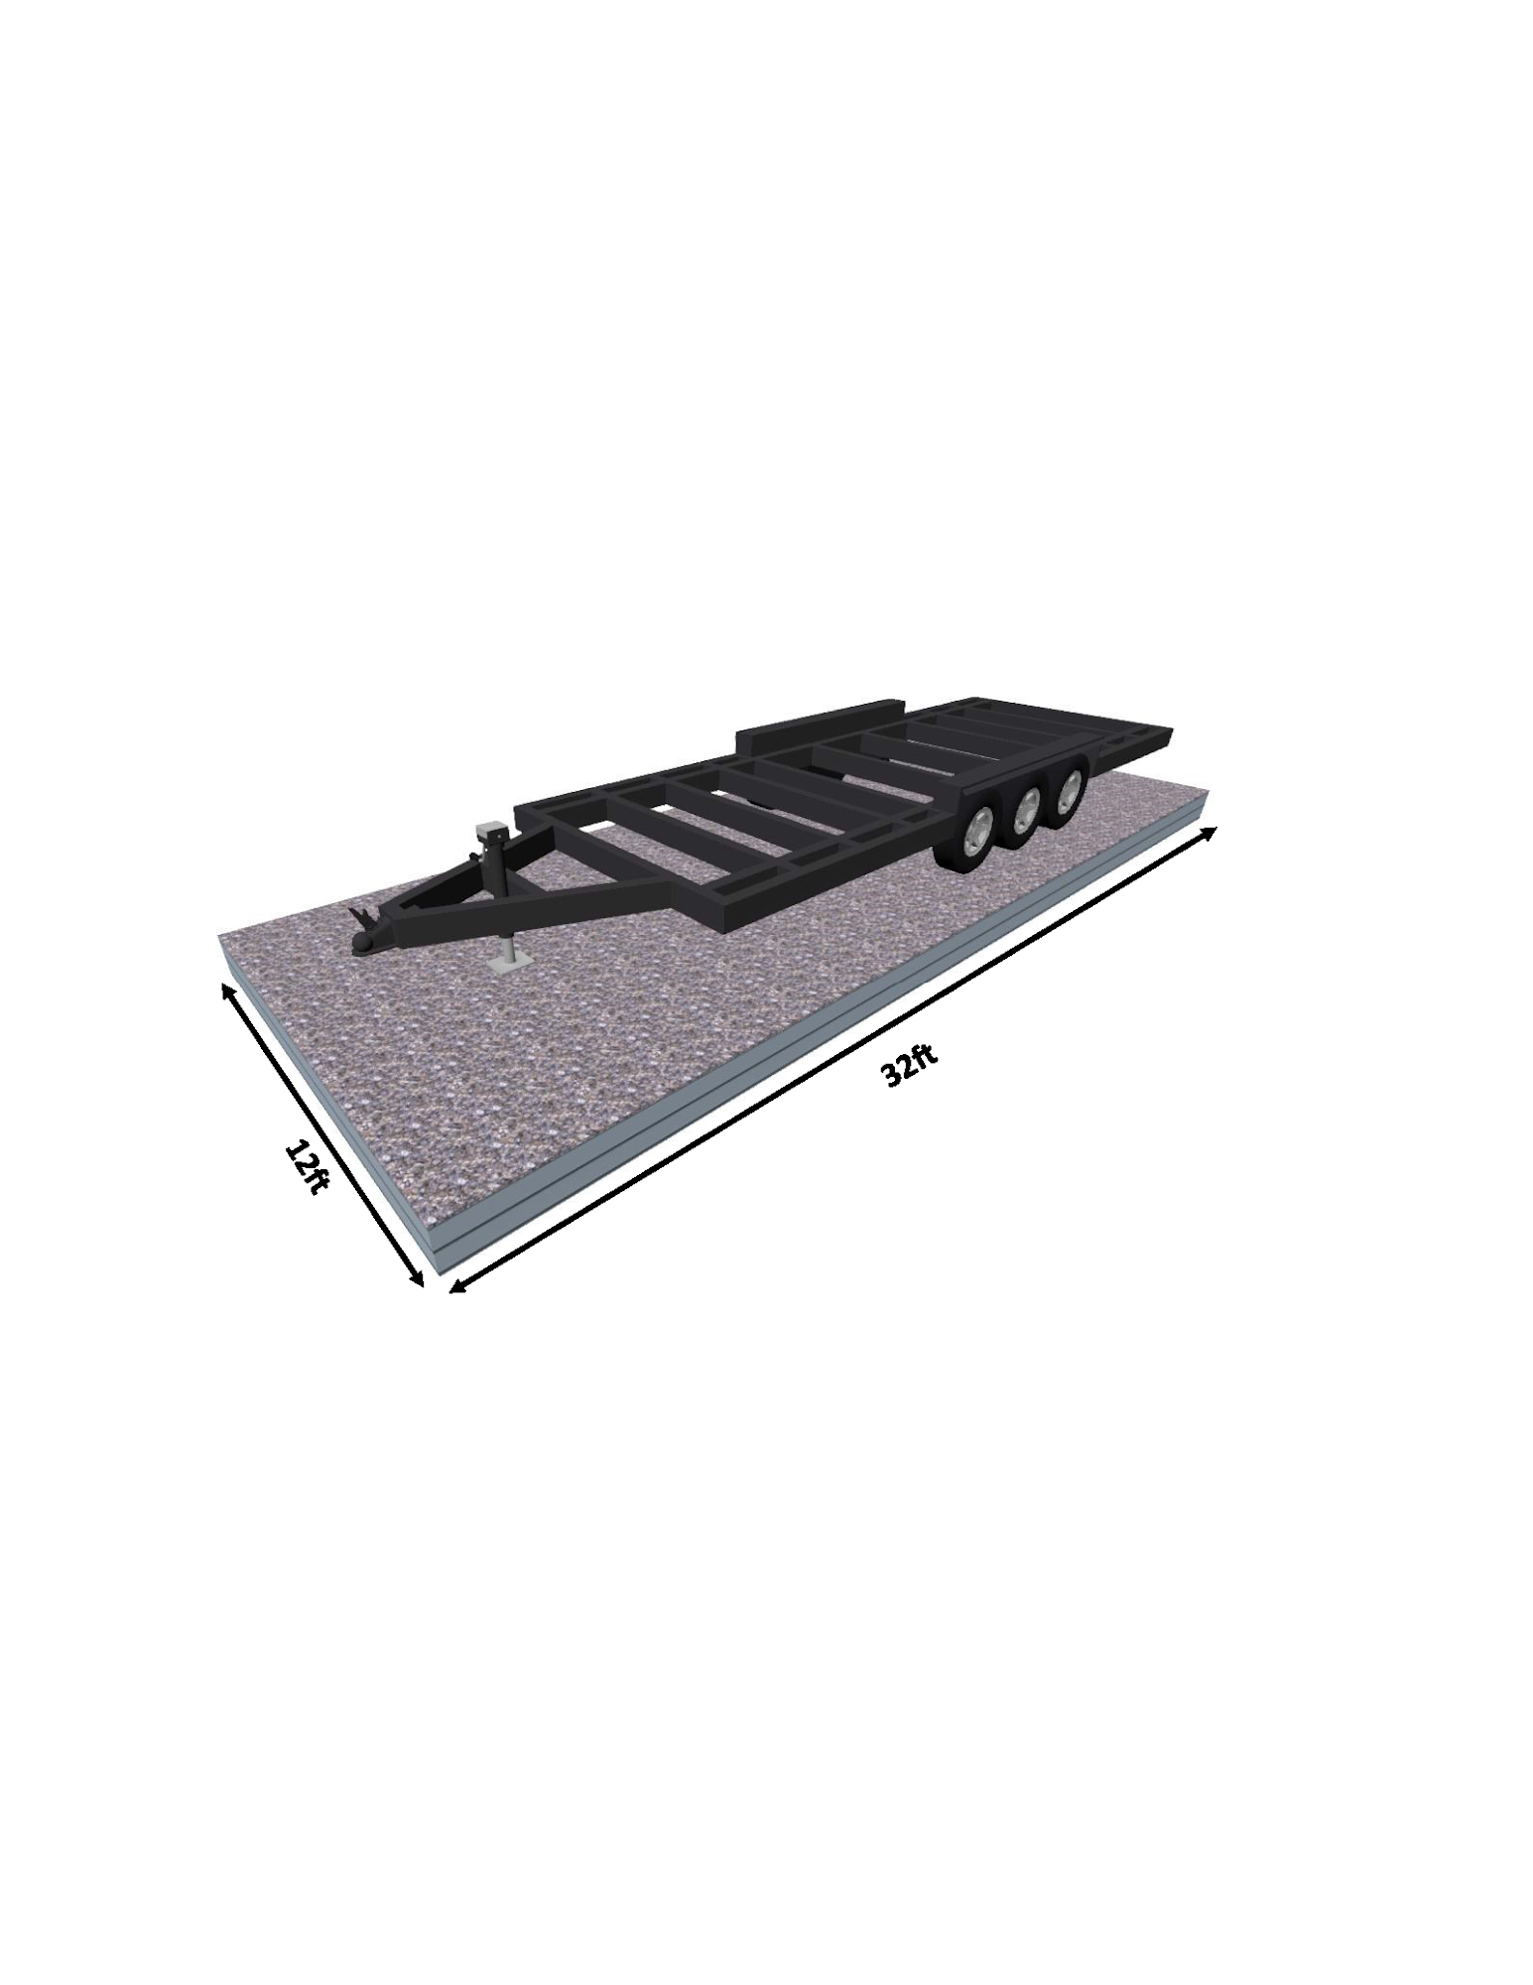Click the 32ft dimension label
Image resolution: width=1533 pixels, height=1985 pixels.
(908, 1066)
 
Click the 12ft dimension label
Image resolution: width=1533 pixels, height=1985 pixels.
(306, 1167)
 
